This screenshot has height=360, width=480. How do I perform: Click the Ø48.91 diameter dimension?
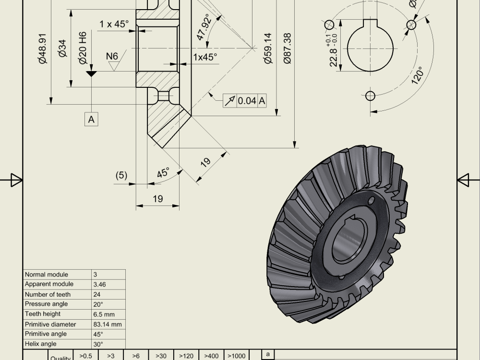click(x=43, y=48)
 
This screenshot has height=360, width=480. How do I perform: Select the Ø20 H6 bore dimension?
click(x=83, y=48)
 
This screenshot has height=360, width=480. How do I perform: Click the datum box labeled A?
click(x=91, y=119)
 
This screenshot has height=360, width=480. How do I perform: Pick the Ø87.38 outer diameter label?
click(x=287, y=48)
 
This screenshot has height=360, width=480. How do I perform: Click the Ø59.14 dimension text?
click(x=267, y=48)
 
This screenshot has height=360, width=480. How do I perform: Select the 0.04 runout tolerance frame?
click(x=245, y=100)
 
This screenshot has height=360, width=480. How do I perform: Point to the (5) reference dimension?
click(x=121, y=175)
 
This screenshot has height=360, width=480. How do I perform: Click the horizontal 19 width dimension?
click(x=157, y=199)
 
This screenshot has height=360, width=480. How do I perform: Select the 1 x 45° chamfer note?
click(x=114, y=24)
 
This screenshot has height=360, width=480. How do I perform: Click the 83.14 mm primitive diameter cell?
click(x=108, y=324)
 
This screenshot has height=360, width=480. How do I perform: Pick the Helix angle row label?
click(x=41, y=344)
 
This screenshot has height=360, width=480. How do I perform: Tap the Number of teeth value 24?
click(x=97, y=294)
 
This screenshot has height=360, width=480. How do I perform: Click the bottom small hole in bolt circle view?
click(x=370, y=96)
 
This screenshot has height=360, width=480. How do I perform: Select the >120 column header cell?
click(x=186, y=356)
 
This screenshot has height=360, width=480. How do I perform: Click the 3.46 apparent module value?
click(x=100, y=285)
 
